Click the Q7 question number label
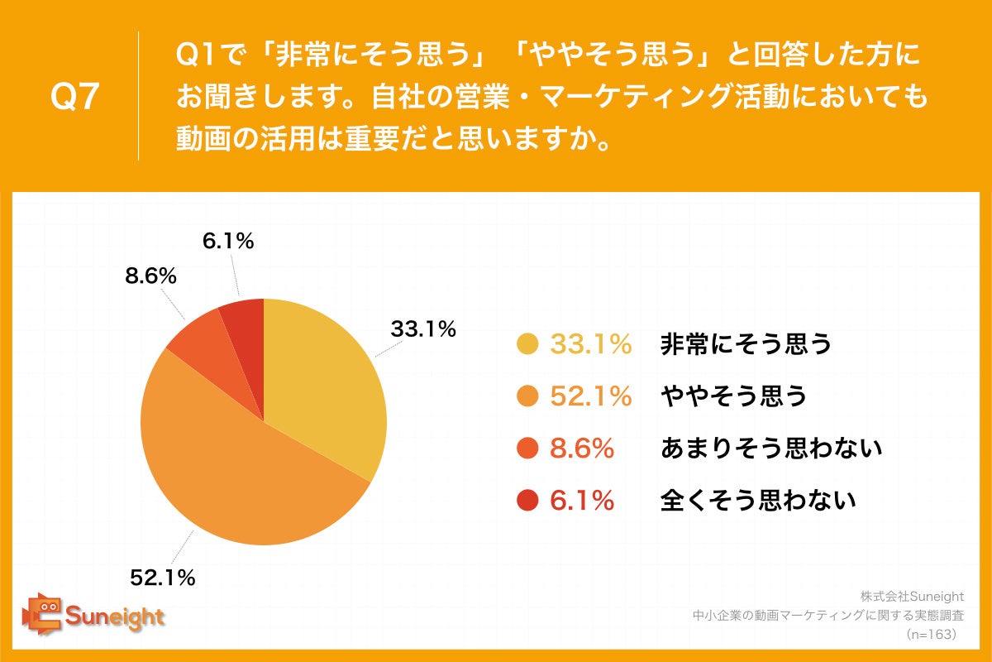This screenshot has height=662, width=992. pyautogui.click(x=75, y=98)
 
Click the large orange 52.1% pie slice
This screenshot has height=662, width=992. pyautogui.click(x=240, y=472)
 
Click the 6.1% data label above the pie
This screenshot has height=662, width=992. pyautogui.click(x=227, y=241)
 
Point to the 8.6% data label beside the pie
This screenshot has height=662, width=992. pyautogui.click(x=150, y=277)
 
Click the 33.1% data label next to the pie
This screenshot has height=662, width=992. pyautogui.click(x=423, y=329)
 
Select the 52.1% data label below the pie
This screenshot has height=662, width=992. pyautogui.click(x=161, y=576)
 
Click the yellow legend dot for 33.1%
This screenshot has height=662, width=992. pyautogui.click(x=526, y=344)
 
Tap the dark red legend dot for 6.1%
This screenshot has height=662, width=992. pyautogui.click(x=526, y=500)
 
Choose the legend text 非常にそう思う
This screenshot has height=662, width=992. pyautogui.click(x=745, y=344)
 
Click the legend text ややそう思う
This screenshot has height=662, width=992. pyautogui.click(x=732, y=396)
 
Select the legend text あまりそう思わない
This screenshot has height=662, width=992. pyautogui.click(x=770, y=449)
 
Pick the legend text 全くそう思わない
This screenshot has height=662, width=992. pyautogui.click(x=757, y=500)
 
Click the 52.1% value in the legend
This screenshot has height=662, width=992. pyautogui.click(x=590, y=396)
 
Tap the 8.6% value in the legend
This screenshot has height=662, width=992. pyautogui.click(x=582, y=449)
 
